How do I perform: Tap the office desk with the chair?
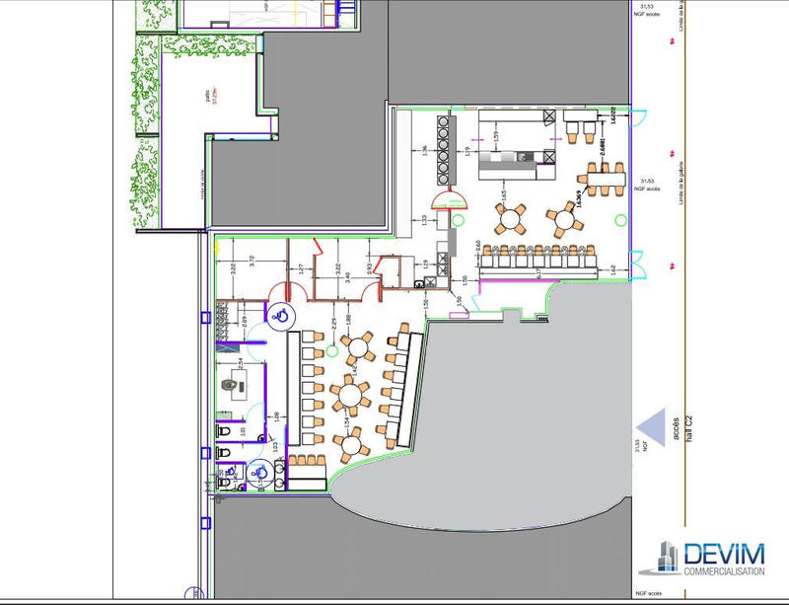[236, 383]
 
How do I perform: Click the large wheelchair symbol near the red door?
[280, 315]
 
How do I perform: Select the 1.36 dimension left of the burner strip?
[424, 149]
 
